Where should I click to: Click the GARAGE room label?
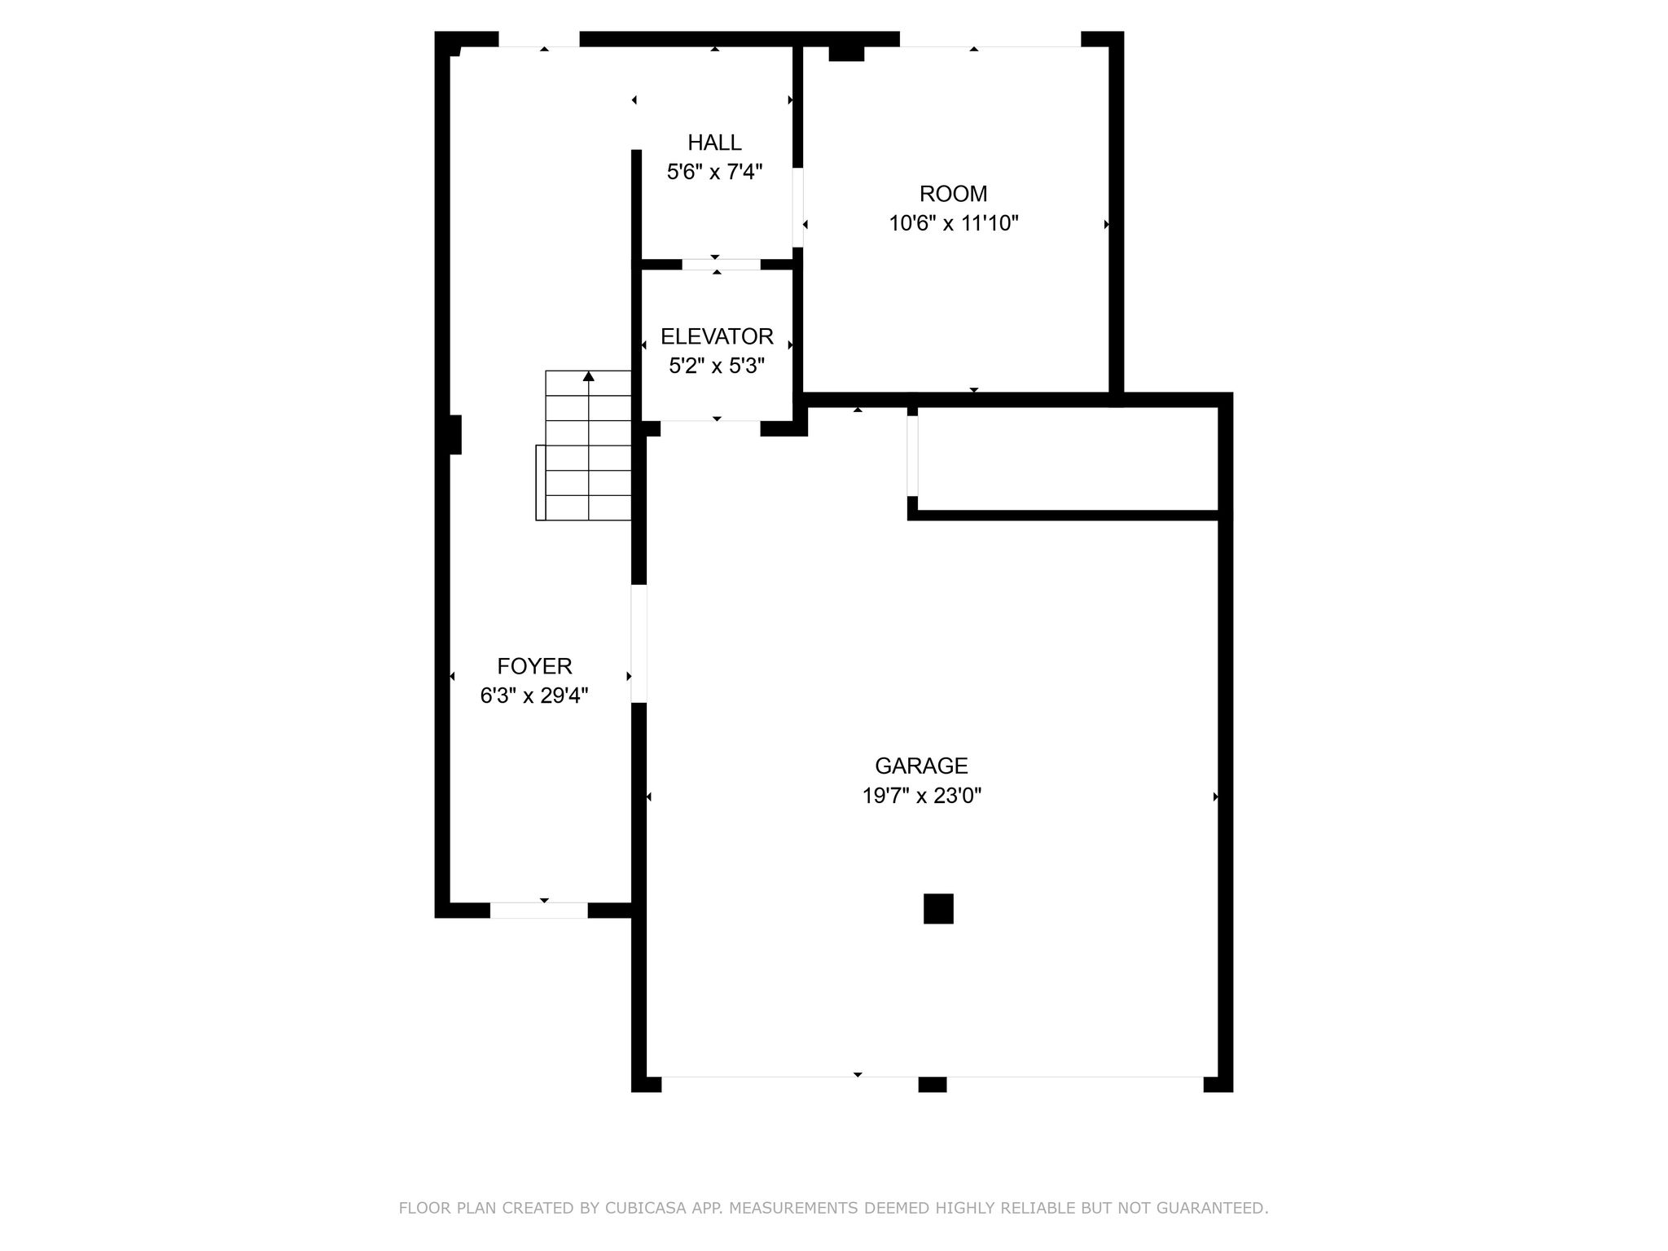921,766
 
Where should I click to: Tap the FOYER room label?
535,666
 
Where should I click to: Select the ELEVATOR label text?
717,336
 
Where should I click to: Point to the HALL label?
714,143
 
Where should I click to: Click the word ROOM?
954,194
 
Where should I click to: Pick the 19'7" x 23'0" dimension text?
922,795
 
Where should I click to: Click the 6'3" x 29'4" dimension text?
534,696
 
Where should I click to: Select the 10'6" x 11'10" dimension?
954,223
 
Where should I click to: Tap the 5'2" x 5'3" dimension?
717,366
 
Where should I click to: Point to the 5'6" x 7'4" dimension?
714,172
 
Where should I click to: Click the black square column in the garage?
938,908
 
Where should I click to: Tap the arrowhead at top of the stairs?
588,376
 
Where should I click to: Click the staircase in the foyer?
583,446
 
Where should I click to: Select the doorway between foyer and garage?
639,643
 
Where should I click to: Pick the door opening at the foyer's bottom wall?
538,911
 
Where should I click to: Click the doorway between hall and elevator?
721,265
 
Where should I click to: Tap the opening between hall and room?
798,207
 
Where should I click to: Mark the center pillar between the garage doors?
933,1084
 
